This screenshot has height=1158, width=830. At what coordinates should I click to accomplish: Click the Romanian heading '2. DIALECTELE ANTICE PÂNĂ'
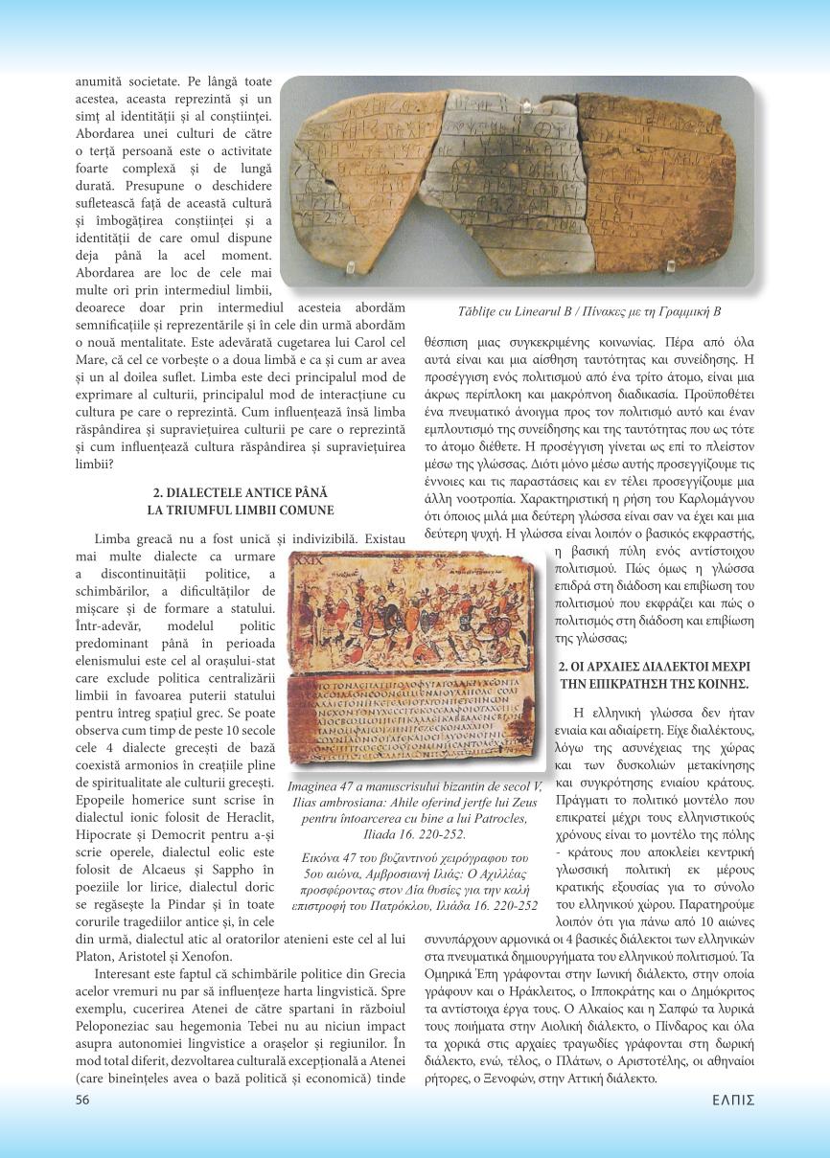tap(241, 492)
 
